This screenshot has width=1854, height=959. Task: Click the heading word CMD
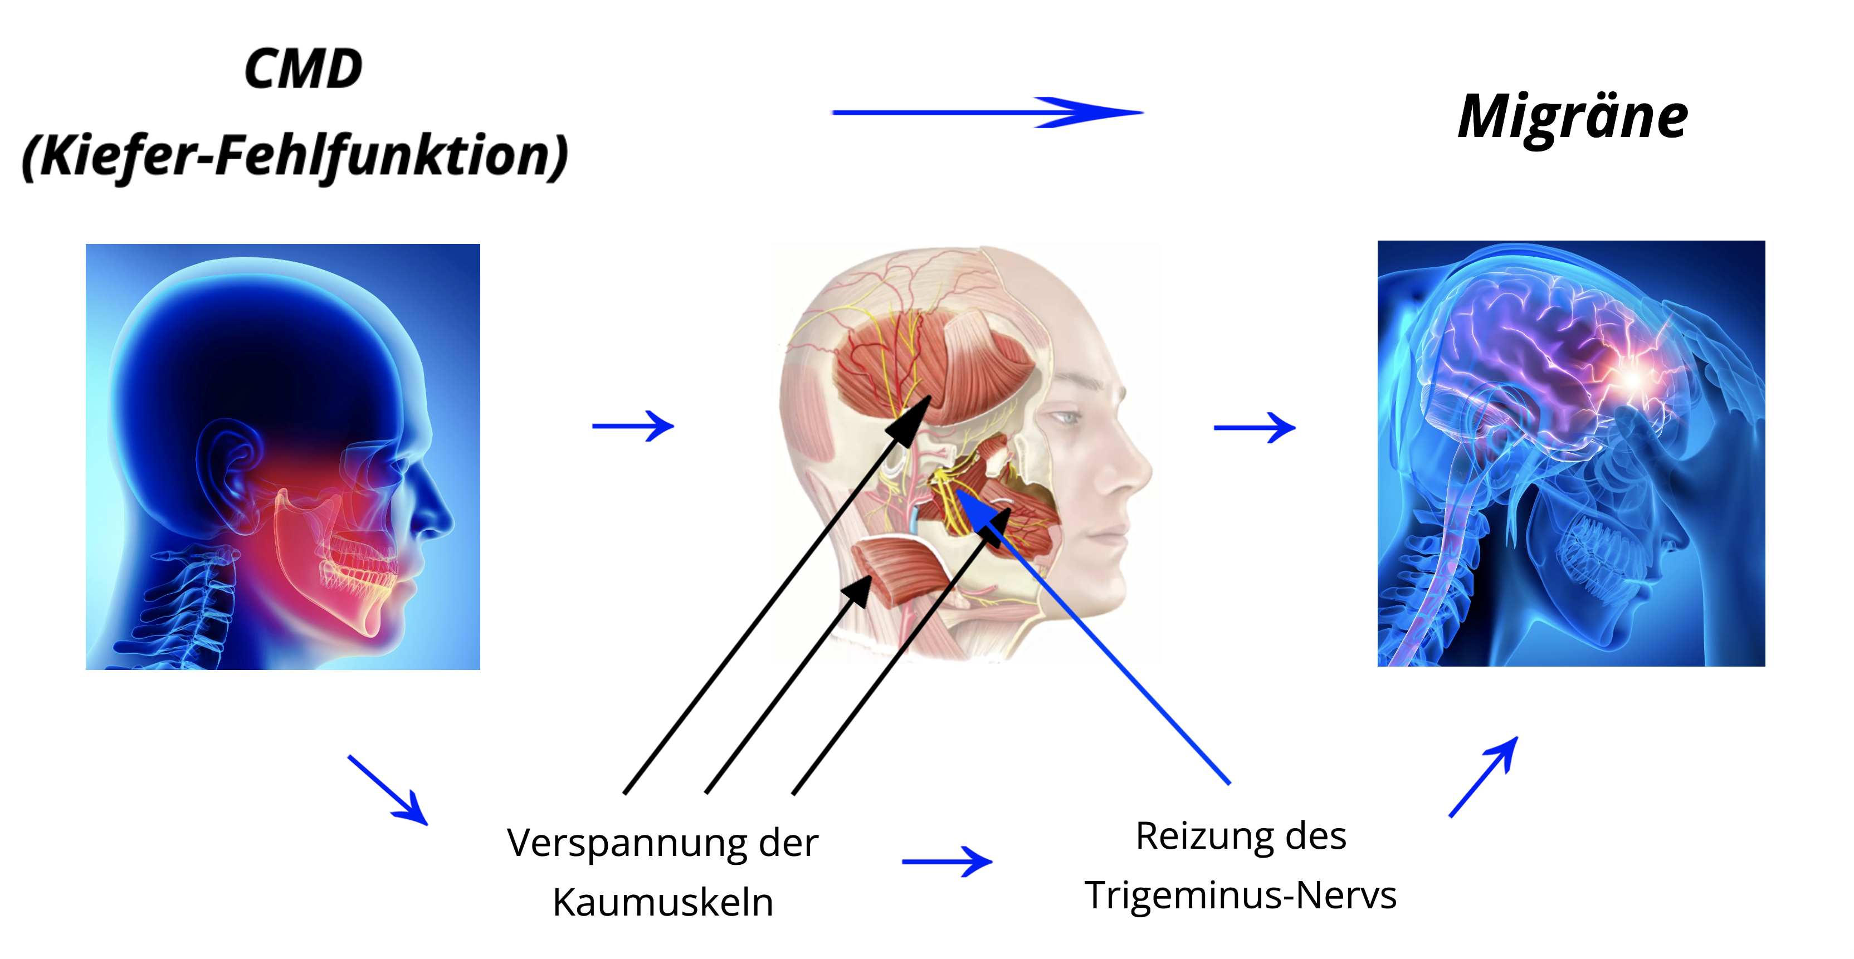[303, 70]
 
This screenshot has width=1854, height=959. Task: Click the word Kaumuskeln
[663, 902]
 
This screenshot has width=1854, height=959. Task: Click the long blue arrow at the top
[988, 112]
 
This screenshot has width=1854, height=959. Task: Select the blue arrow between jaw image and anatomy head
[633, 426]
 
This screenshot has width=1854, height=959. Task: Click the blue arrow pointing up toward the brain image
[1484, 777]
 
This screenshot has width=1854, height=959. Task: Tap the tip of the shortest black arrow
[871, 575]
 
